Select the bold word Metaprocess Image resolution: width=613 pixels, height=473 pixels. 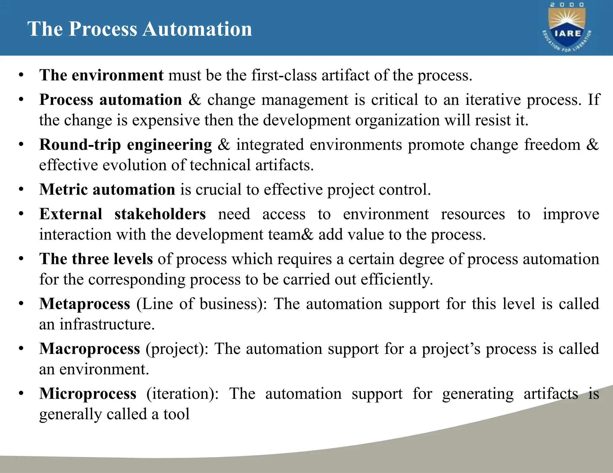pos(85,304)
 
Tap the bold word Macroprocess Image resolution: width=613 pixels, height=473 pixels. pos(89,349)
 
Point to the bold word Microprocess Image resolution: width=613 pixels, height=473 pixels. pos(88,393)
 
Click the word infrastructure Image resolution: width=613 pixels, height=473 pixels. pos(107,324)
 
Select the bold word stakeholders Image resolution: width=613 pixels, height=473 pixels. pos(160,214)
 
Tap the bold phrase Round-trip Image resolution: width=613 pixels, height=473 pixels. pos(80,145)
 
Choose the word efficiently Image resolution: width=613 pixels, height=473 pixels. pos(397,279)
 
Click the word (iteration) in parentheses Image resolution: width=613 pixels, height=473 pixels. pos(182,394)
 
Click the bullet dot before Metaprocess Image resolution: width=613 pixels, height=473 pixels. pos(21,304)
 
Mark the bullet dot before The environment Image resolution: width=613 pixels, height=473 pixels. pos(21,75)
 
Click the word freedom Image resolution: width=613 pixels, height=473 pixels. pos(552,145)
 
